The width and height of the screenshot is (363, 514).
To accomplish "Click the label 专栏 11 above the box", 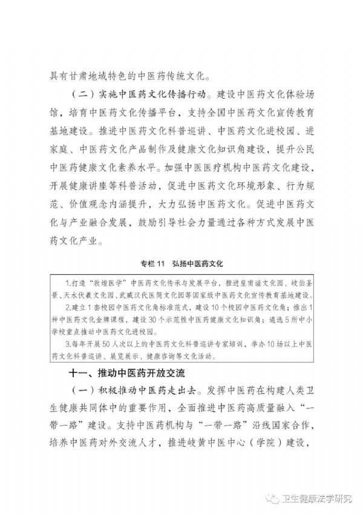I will (151, 263).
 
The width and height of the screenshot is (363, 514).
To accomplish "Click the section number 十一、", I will (82, 371).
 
